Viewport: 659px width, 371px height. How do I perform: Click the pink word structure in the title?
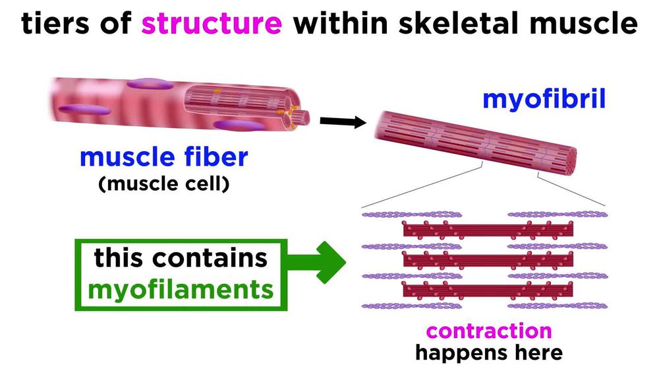pyautogui.click(x=212, y=24)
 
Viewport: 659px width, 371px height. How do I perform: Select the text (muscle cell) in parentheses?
pyautogui.click(x=163, y=184)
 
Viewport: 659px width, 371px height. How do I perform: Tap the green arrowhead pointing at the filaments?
pyautogui.click(x=330, y=268)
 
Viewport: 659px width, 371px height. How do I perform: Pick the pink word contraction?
pyautogui.click(x=488, y=330)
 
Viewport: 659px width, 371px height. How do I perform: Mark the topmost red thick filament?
pyautogui.click(x=488, y=230)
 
